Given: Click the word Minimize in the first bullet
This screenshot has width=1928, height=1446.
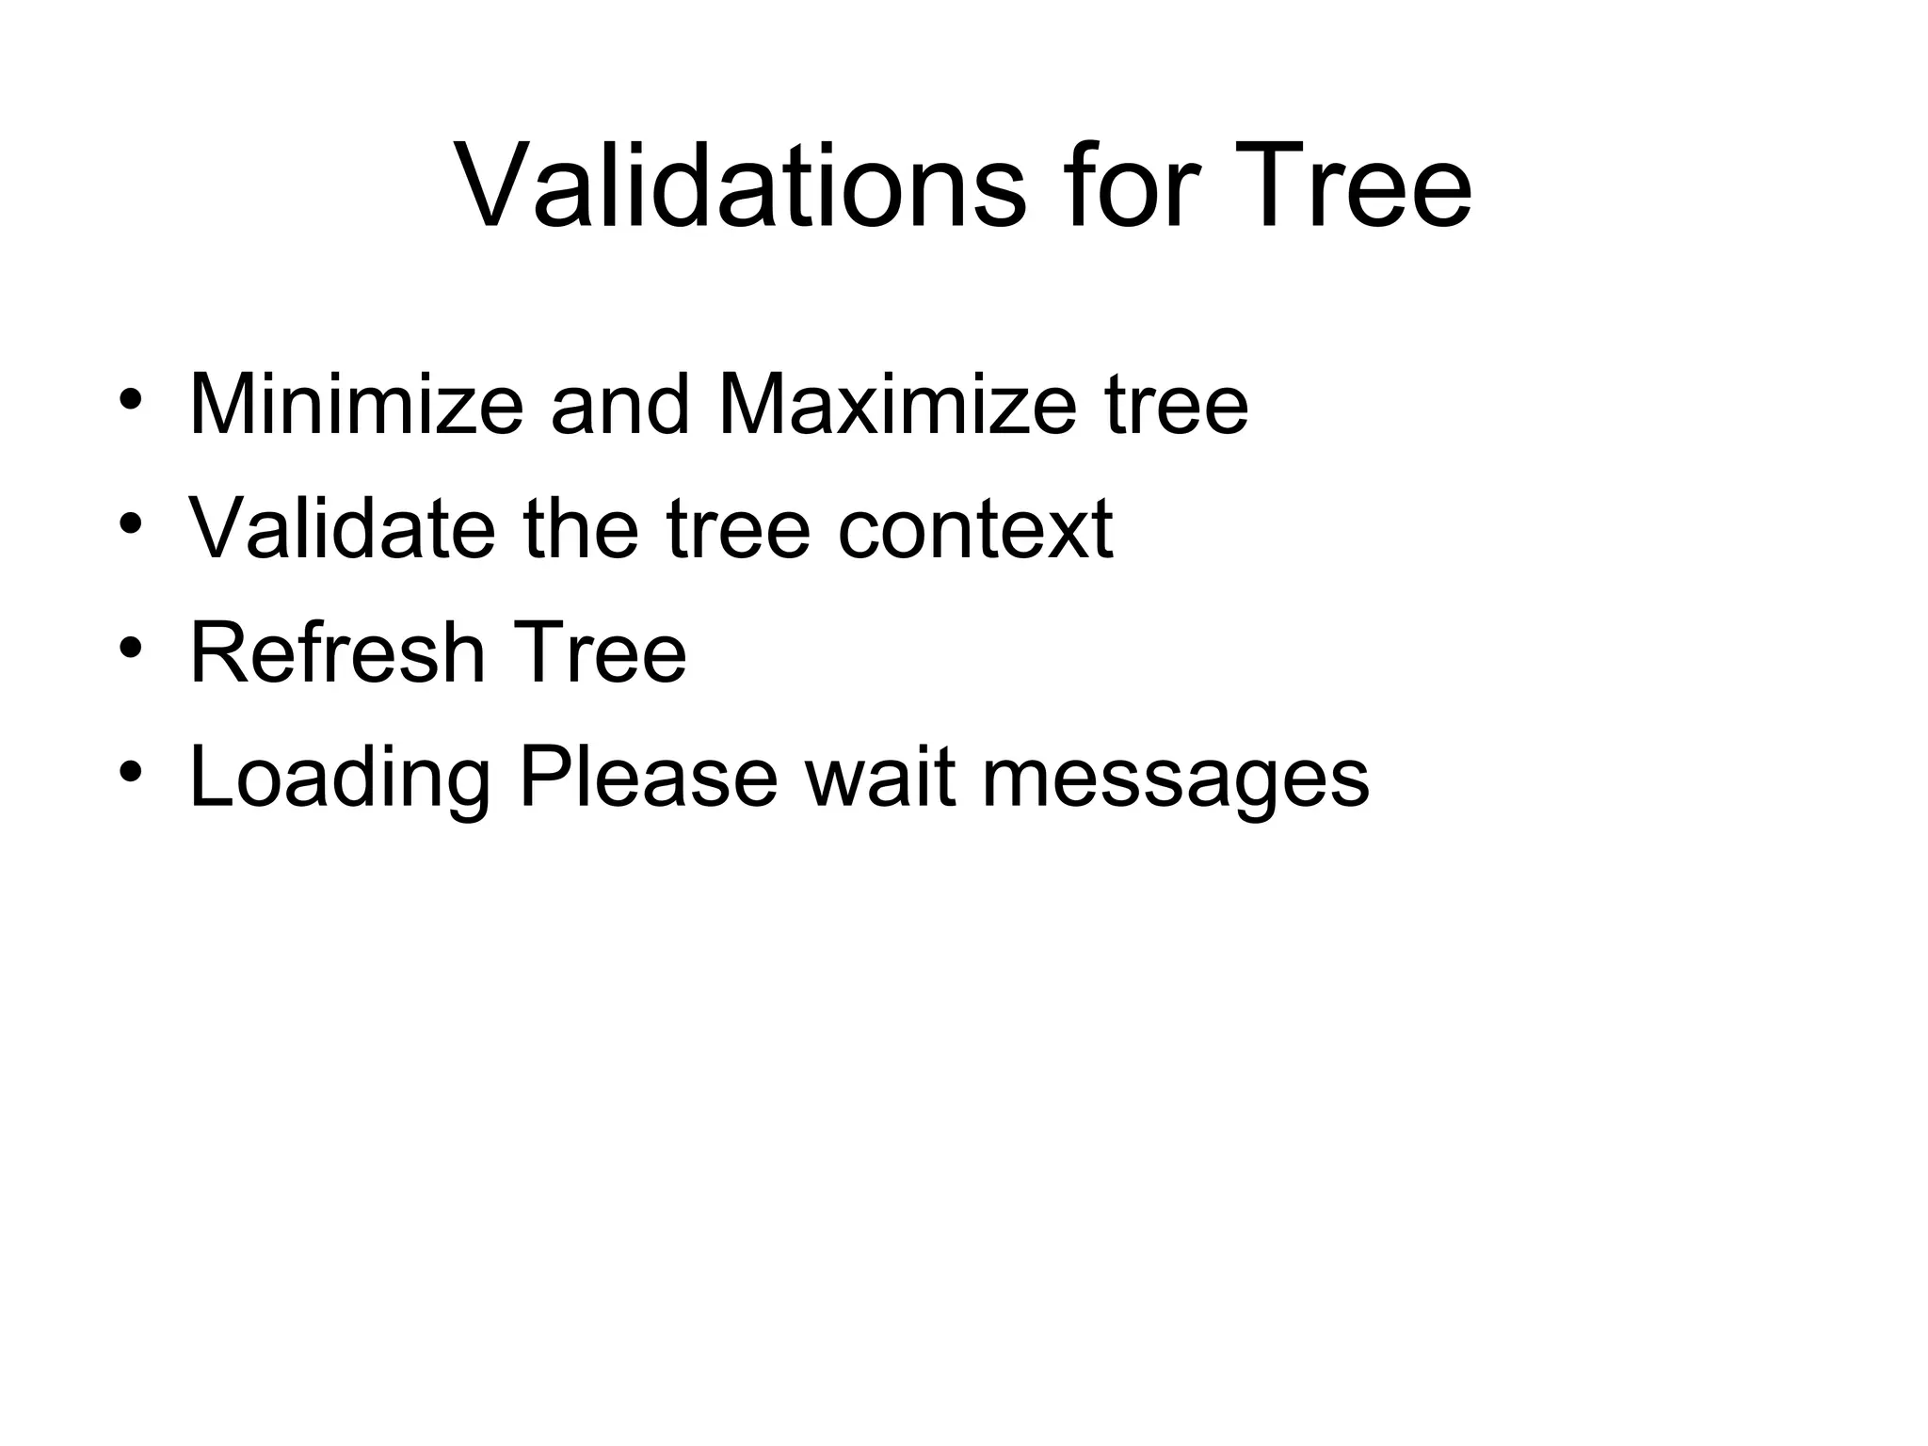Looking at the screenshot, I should (x=356, y=405).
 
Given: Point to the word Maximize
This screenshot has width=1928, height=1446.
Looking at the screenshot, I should (x=896, y=405).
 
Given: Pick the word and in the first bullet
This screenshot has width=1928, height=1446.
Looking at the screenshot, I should (x=620, y=405).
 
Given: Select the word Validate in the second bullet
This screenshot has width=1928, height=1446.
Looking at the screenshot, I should (x=342, y=529).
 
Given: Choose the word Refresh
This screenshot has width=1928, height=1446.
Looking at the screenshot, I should (x=337, y=652).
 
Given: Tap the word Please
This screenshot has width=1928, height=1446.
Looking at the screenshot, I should (x=649, y=778).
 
